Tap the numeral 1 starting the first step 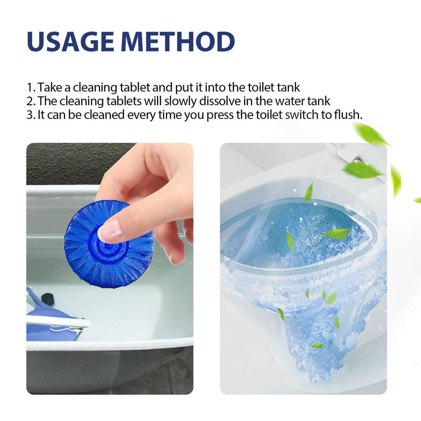(29, 88)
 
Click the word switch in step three (307, 115)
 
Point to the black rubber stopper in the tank (48, 298)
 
